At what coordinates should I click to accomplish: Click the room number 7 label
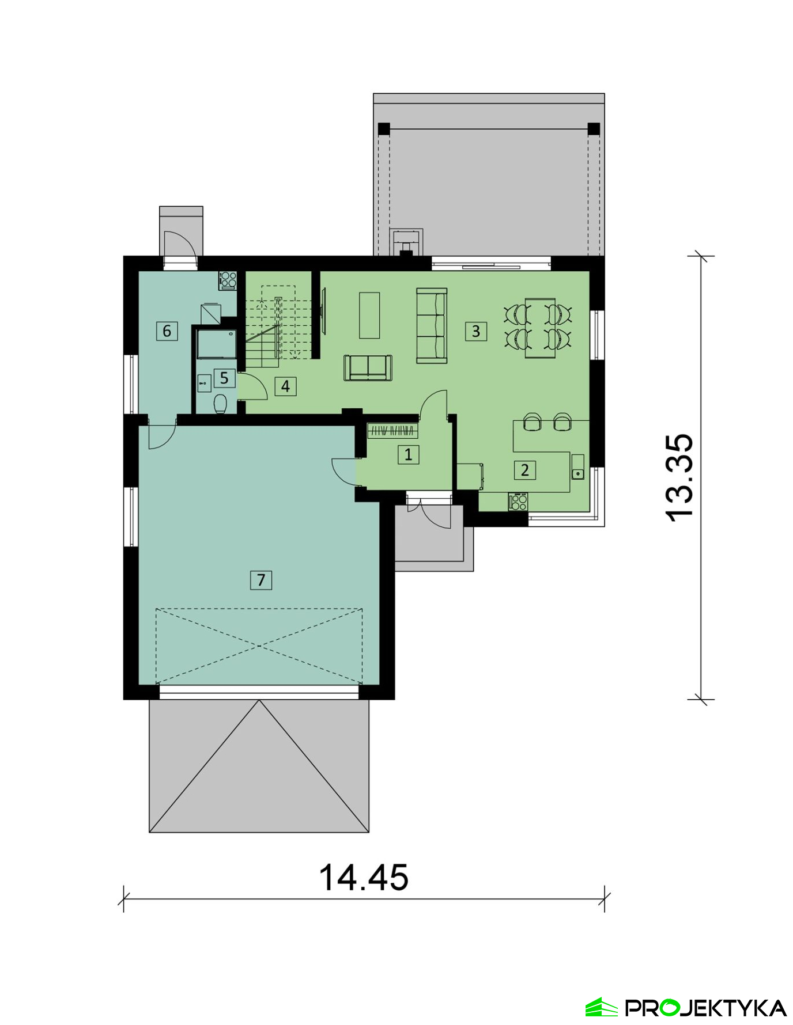tap(260, 580)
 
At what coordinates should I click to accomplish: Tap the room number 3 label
tap(476, 331)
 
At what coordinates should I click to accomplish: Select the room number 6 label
tap(167, 331)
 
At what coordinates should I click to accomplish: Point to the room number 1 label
tap(408, 455)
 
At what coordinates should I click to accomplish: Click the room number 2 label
tap(525, 470)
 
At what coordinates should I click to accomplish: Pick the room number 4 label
tap(285, 386)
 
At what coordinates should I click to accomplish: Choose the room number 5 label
tap(224, 378)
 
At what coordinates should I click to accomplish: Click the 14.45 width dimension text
tap(364, 878)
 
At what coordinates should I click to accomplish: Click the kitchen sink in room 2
tap(577, 467)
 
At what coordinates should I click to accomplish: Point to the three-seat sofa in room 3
tap(432, 326)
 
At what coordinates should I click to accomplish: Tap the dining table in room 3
tap(540, 328)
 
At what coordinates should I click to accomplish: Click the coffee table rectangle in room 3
tap(369, 315)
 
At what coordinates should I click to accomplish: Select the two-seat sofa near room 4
tap(368, 368)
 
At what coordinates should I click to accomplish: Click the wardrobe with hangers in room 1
tap(392, 430)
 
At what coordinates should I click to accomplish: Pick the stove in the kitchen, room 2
tap(518, 502)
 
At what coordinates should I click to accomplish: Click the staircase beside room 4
tap(280, 326)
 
